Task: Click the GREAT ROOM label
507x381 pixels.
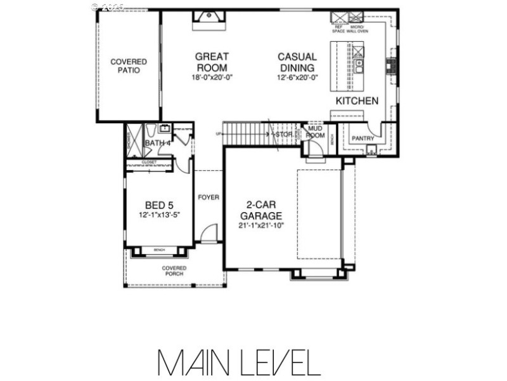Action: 212,62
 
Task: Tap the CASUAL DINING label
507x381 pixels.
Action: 297,62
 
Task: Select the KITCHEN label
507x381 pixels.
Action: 357,101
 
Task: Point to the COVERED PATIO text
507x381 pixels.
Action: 129,66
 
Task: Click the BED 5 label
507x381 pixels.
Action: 159,205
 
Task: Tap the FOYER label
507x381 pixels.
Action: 208,197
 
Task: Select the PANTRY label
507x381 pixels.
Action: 364,138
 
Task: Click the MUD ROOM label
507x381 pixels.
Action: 314,133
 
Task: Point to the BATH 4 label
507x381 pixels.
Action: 158,144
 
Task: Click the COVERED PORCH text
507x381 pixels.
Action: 174,271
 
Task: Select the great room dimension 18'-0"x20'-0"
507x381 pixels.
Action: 212,77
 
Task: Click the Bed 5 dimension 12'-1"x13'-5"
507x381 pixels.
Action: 159,215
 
